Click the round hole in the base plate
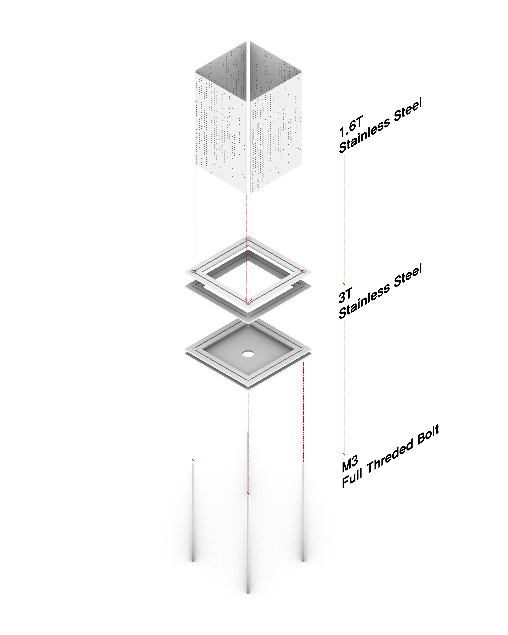pyautogui.click(x=248, y=353)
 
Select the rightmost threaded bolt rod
pyautogui.click(x=303, y=513)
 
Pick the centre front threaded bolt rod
pyautogui.click(x=248, y=545)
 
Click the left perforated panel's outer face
pyautogui.click(x=220, y=133)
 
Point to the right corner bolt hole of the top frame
pyautogui.click(x=303, y=270)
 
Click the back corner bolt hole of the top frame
pyautogui.click(x=248, y=239)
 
